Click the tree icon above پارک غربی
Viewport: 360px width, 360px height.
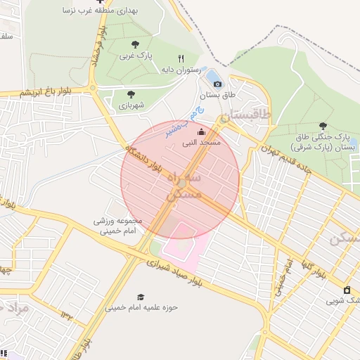[x=134, y=44]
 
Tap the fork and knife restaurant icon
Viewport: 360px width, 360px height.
[x=181, y=59]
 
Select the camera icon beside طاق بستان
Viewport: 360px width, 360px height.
[x=217, y=84]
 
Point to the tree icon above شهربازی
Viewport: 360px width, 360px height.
[x=131, y=94]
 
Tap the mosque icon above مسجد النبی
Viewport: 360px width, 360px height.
[x=201, y=131]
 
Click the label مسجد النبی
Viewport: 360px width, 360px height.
[x=201, y=142]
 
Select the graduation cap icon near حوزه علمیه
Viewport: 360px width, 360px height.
[x=141, y=297]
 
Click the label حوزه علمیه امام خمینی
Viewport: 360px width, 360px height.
[x=141, y=308]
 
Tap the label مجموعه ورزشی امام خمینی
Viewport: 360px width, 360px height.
[x=117, y=225]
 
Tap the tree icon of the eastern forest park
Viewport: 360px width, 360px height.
[x=323, y=126]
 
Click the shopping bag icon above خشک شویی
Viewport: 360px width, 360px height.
[x=347, y=290]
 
